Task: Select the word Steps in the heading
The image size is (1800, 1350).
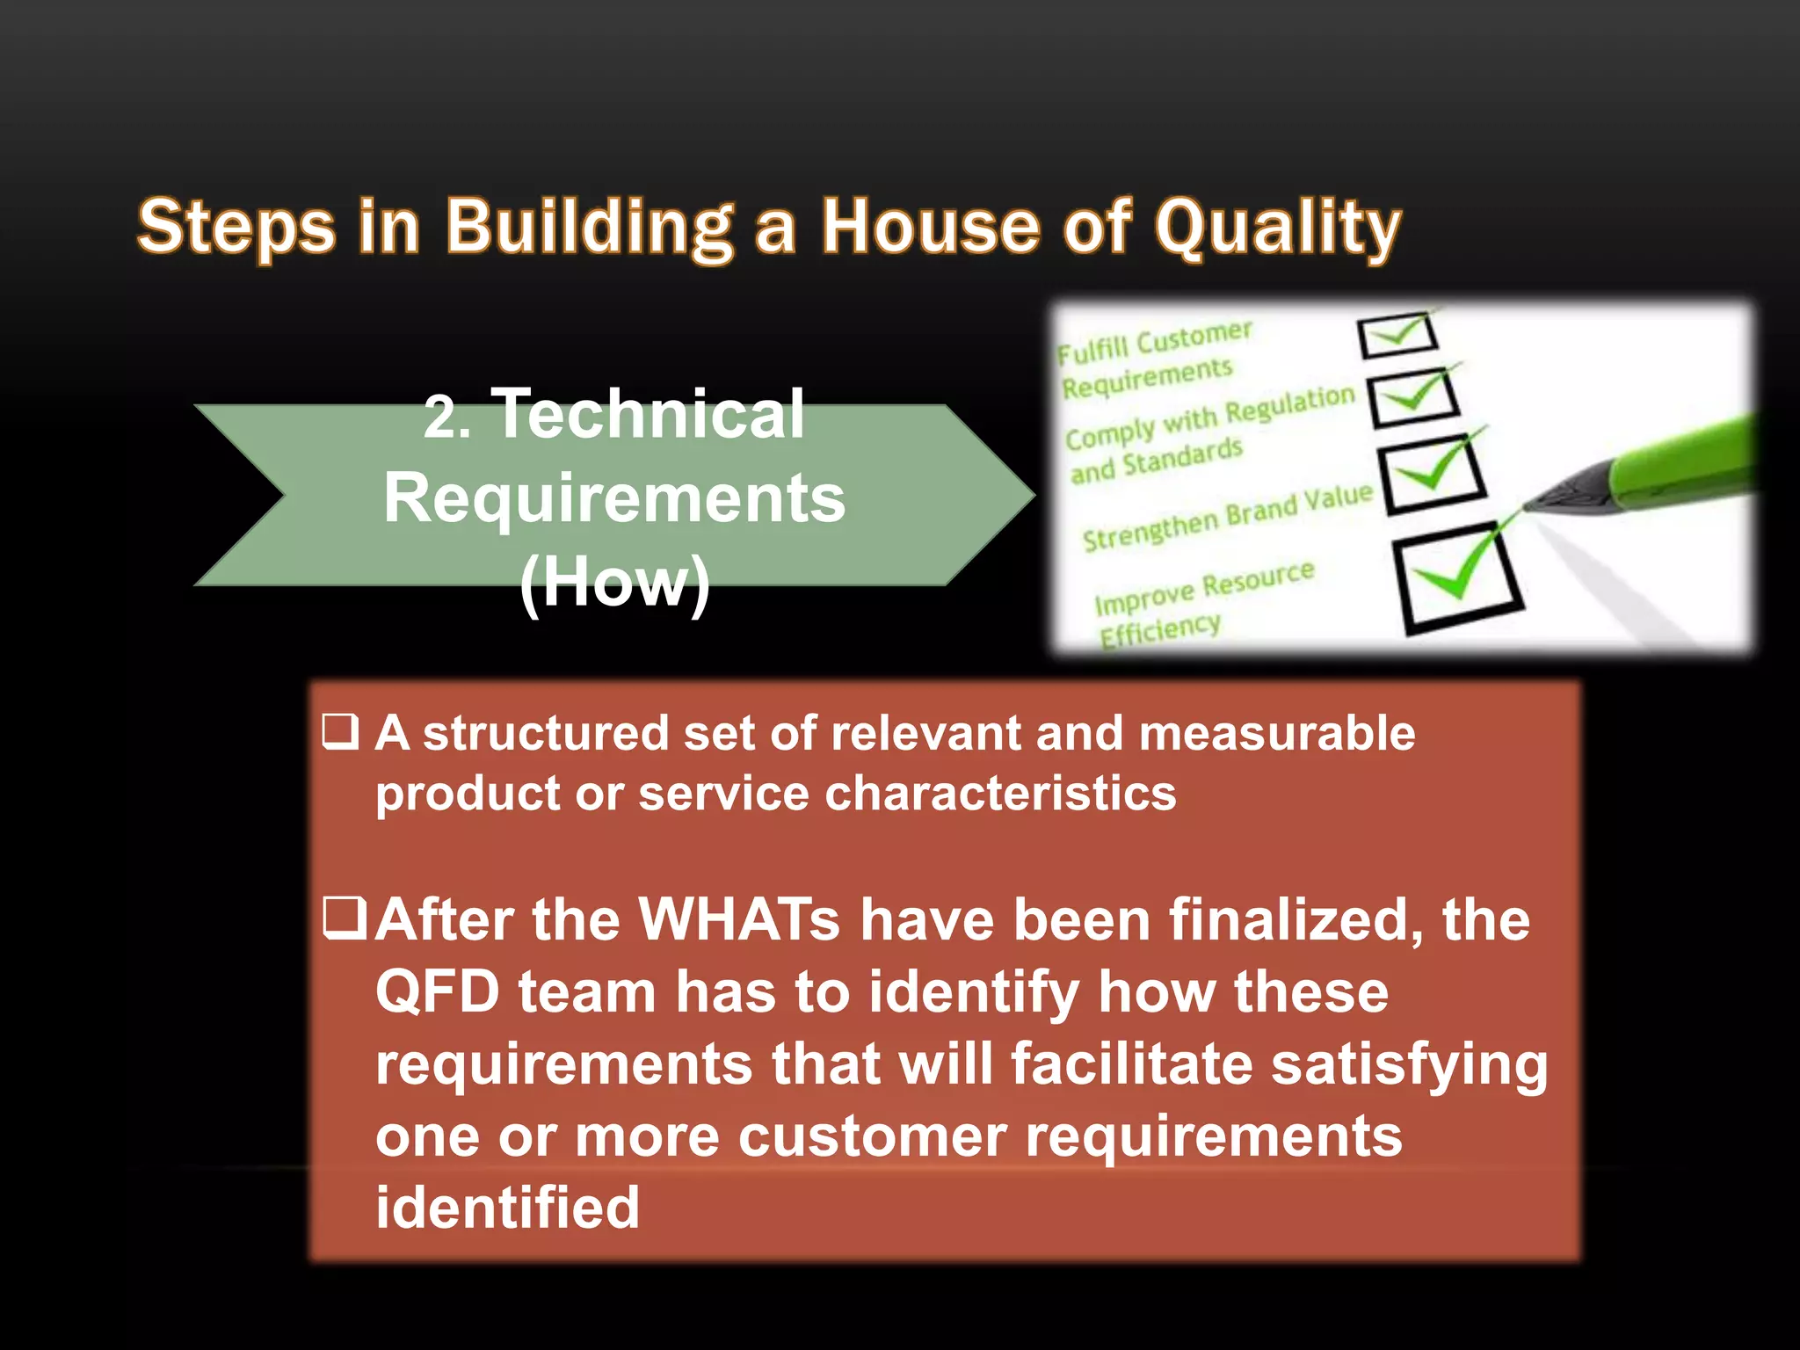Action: click(236, 228)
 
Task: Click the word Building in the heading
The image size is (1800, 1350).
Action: click(588, 228)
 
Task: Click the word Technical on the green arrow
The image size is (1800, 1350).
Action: click(649, 414)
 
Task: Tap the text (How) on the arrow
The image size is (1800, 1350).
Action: click(614, 581)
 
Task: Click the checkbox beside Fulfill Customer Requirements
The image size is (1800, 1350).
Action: click(1397, 335)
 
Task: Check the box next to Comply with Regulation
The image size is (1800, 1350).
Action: click(1414, 396)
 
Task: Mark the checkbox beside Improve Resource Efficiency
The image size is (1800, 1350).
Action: click(1458, 577)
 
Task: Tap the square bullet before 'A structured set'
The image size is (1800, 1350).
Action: click(340, 732)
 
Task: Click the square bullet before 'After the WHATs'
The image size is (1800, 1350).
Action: click(344, 918)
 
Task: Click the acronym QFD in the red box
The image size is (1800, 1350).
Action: click(437, 992)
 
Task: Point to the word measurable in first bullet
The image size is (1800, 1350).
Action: click(1276, 733)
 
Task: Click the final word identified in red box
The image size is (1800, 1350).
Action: click(507, 1207)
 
